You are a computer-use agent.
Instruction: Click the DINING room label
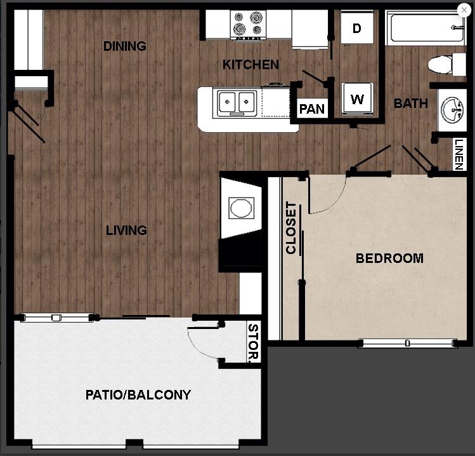125,46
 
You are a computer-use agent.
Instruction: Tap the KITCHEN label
251,65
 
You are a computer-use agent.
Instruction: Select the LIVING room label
126,231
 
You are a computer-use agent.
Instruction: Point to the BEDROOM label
389,258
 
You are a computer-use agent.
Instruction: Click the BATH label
411,104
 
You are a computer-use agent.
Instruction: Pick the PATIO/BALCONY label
138,395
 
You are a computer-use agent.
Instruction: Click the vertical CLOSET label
291,228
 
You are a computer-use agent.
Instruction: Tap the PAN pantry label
312,109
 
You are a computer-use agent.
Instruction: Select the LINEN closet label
459,154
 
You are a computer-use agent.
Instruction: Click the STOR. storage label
253,343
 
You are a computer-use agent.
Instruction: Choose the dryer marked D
357,29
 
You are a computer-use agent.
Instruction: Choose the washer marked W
358,99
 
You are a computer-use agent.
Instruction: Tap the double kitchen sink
237,103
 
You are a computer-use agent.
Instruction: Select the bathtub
424,27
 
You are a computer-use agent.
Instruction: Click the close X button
464,10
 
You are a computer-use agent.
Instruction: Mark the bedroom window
407,344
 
